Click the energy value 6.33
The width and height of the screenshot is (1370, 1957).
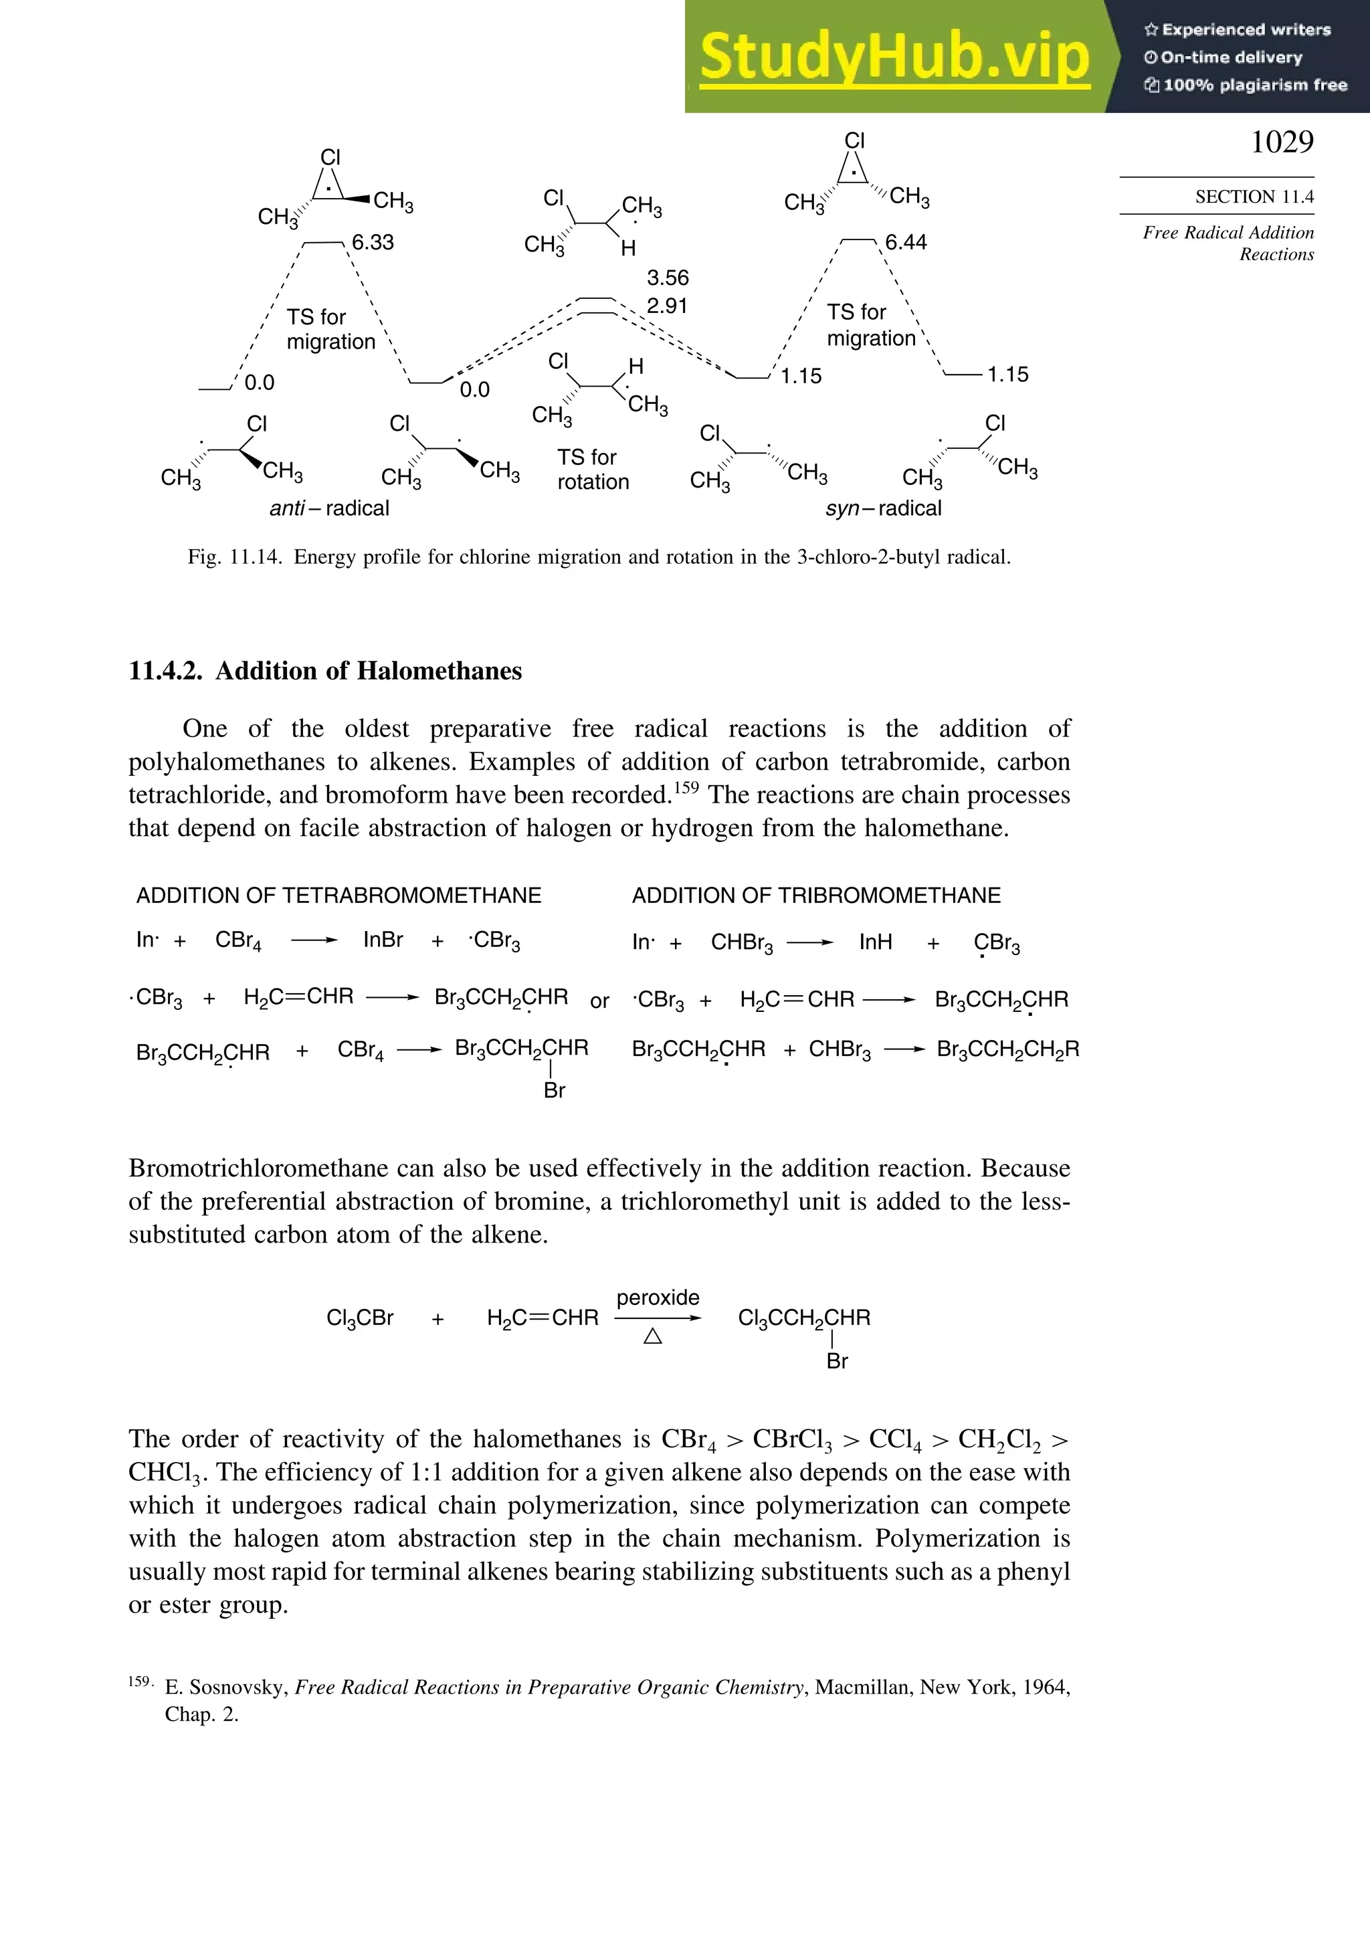coord(373,243)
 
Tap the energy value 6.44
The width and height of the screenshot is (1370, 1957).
coord(905,243)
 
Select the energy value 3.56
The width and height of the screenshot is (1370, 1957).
coord(668,278)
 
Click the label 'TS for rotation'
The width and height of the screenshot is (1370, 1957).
coord(593,470)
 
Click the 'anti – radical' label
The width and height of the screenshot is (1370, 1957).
coord(329,509)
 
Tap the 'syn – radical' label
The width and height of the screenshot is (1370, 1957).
coord(883,509)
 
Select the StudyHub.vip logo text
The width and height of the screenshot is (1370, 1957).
coord(894,56)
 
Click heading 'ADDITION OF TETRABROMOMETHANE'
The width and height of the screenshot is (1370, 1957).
coord(338,896)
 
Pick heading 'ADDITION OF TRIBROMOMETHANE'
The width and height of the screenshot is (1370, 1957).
coord(816,896)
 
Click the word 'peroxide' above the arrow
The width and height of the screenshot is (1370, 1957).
coord(658,1298)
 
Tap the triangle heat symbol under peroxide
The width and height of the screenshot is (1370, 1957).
coord(653,1336)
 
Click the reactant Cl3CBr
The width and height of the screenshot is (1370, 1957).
coord(360,1318)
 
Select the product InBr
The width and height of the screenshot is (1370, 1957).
coord(383,940)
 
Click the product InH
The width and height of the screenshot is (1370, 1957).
coord(876,942)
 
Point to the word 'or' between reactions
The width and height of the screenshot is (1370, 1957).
coord(599,1001)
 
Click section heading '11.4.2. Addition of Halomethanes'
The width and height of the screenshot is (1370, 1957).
coord(325,672)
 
